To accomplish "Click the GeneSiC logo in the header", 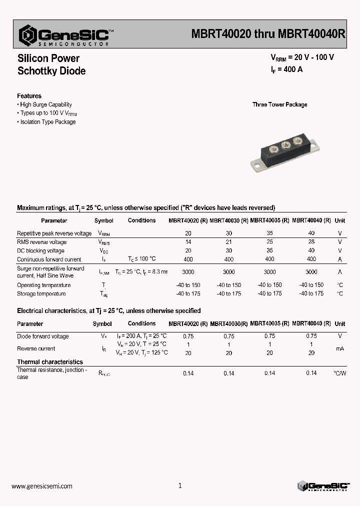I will click(65, 35).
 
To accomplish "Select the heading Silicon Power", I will click(48, 58).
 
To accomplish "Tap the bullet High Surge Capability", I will click(45, 104).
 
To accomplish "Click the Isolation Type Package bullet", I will click(47, 122).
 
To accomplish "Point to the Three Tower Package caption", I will click(279, 104).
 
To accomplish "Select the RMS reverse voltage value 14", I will click(188, 242).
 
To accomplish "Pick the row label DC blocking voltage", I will click(40, 251).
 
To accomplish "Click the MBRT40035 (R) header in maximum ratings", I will click(269, 220).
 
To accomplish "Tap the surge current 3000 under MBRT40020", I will click(188, 272).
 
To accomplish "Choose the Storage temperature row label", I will click(41, 294).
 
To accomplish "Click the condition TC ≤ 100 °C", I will click(142, 259).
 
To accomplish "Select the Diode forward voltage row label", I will click(43, 336).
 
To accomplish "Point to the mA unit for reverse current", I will click(339, 348).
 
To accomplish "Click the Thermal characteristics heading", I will click(50, 362).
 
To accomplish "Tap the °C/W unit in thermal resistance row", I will click(339, 373).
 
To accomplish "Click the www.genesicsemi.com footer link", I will click(41, 486).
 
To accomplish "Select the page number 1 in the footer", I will click(180, 485).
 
